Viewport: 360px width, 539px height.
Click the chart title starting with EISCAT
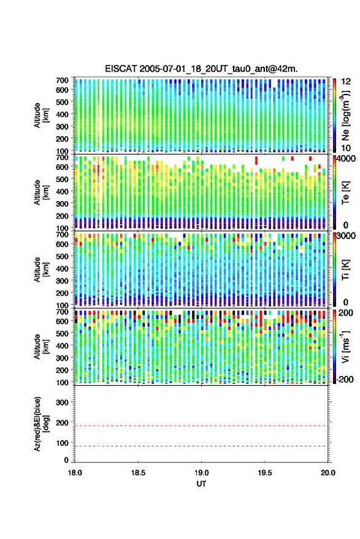[x=201, y=69]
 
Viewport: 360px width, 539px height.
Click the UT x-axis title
[x=201, y=484]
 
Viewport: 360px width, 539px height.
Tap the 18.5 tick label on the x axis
[x=138, y=473]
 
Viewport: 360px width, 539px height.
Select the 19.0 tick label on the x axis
[x=201, y=473]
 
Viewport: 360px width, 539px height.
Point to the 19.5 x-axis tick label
[x=264, y=473]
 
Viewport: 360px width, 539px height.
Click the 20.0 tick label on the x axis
[x=327, y=473]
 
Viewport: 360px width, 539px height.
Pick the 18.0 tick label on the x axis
[x=75, y=473]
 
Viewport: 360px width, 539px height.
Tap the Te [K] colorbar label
[x=345, y=193]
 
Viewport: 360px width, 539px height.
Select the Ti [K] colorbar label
[x=345, y=270]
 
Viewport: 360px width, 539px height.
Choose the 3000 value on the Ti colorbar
[x=347, y=236]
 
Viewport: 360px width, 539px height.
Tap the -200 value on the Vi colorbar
[x=345, y=380]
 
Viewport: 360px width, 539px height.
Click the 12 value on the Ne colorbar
[x=346, y=81]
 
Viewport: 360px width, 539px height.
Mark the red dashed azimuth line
[x=201, y=426]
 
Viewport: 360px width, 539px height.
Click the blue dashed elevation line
[x=201, y=446]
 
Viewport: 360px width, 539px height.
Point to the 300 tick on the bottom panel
[x=62, y=402]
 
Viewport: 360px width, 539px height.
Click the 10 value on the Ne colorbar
[x=346, y=148]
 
